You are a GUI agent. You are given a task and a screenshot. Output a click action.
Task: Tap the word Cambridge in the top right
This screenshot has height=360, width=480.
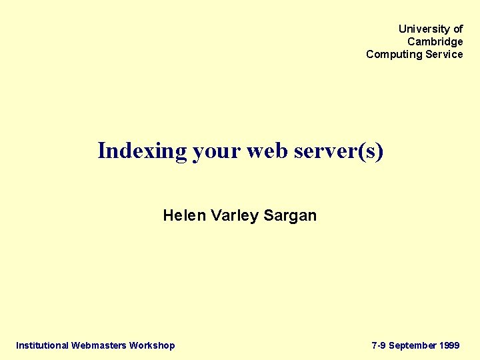[435, 42]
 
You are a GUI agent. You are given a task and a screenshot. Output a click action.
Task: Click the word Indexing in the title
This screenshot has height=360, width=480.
[142, 151]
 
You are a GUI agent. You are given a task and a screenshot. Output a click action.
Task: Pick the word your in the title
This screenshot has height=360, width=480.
[217, 151]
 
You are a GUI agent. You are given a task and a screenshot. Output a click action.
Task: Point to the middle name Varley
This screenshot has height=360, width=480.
[235, 216]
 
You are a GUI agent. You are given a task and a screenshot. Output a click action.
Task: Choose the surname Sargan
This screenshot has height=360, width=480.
[290, 216]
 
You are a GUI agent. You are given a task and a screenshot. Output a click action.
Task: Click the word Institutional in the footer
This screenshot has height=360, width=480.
[42, 345]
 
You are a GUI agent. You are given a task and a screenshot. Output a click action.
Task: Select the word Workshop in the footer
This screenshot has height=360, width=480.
[152, 345]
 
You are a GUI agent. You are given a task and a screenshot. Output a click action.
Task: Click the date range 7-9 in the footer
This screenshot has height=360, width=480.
[379, 345]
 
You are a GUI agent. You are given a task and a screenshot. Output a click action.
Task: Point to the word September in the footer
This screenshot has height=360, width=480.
[413, 345]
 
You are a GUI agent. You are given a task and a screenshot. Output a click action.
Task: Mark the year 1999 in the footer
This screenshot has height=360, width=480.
[450, 345]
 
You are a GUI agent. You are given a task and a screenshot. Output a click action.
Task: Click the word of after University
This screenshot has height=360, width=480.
[457, 29]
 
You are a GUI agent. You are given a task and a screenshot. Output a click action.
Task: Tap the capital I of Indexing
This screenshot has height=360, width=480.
[102, 151]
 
